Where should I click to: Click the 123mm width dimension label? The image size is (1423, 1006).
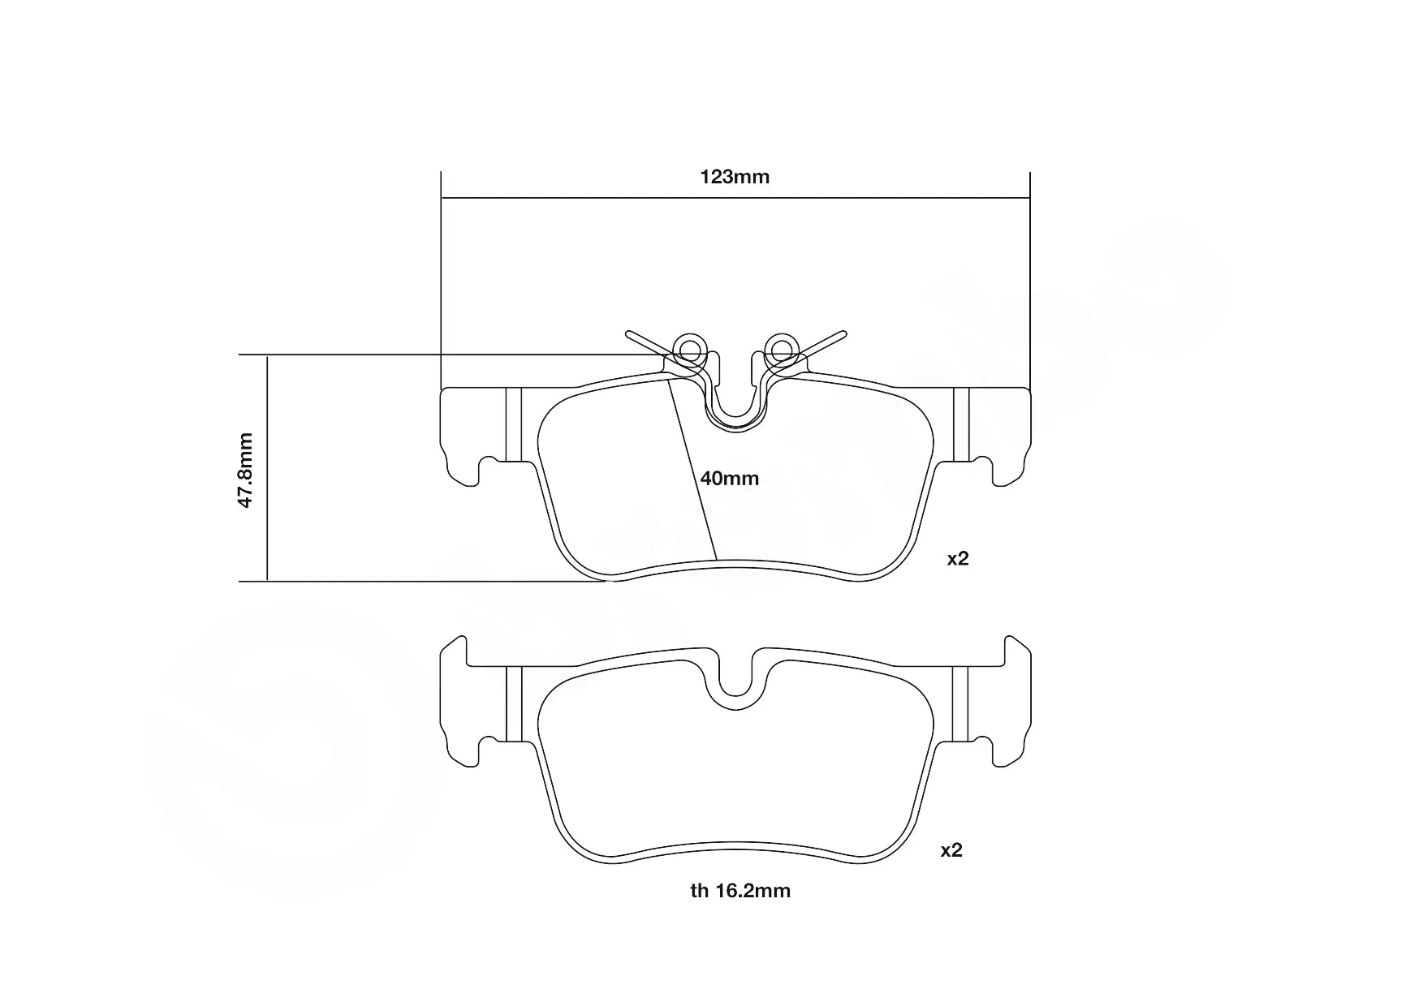[735, 177]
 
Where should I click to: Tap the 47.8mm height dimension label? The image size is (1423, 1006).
[246, 471]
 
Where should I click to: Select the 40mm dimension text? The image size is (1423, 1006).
[730, 479]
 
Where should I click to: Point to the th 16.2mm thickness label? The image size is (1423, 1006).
[740, 891]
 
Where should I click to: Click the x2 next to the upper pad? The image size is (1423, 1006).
[958, 559]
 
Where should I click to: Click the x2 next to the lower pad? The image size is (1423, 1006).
[951, 850]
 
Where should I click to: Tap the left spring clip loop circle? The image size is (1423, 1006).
[689, 350]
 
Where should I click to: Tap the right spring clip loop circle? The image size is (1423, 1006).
[781, 350]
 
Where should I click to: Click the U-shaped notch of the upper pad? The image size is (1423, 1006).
[735, 410]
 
